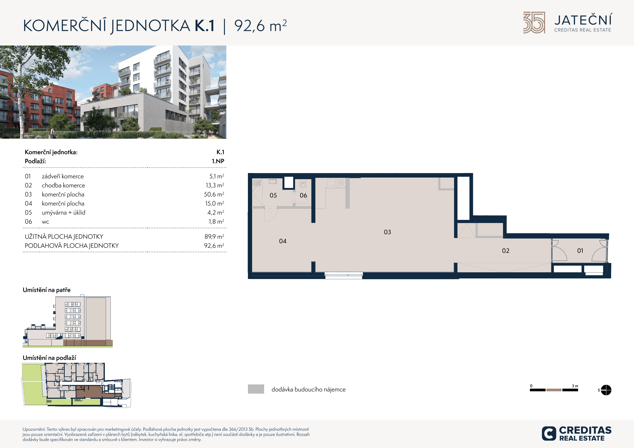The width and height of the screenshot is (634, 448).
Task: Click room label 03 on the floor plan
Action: coord(387,232)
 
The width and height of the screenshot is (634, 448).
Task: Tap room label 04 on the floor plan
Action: coord(283,241)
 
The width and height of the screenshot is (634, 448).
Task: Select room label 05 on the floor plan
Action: coord(273,195)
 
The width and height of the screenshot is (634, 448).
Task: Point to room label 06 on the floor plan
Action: coord(304,195)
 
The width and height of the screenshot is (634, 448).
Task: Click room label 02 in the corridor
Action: coord(506,251)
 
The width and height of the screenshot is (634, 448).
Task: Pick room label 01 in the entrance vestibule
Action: coord(580,251)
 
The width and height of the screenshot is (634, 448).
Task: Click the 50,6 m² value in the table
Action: coord(214,194)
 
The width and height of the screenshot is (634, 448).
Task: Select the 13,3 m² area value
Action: coord(215,185)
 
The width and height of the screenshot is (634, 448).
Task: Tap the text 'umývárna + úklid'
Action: coord(64,212)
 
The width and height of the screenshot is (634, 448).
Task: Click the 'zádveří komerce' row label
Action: coord(63,176)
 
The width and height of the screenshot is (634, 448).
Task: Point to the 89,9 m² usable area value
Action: coord(214,237)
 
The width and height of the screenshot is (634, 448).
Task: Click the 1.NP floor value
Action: coord(218,161)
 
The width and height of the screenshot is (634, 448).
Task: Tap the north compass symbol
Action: coord(606,390)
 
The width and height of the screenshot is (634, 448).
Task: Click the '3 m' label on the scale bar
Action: coord(575,386)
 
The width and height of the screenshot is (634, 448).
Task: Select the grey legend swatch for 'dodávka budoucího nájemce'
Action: coord(256,389)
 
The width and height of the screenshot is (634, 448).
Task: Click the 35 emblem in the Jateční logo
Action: coord(534,23)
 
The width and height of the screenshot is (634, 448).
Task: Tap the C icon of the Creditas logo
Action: coord(549,433)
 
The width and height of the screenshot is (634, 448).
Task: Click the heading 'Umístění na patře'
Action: coord(47,290)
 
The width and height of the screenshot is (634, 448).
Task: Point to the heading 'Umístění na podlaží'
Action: coord(49,358)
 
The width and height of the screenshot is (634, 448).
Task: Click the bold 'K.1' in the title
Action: coord(204,26)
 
